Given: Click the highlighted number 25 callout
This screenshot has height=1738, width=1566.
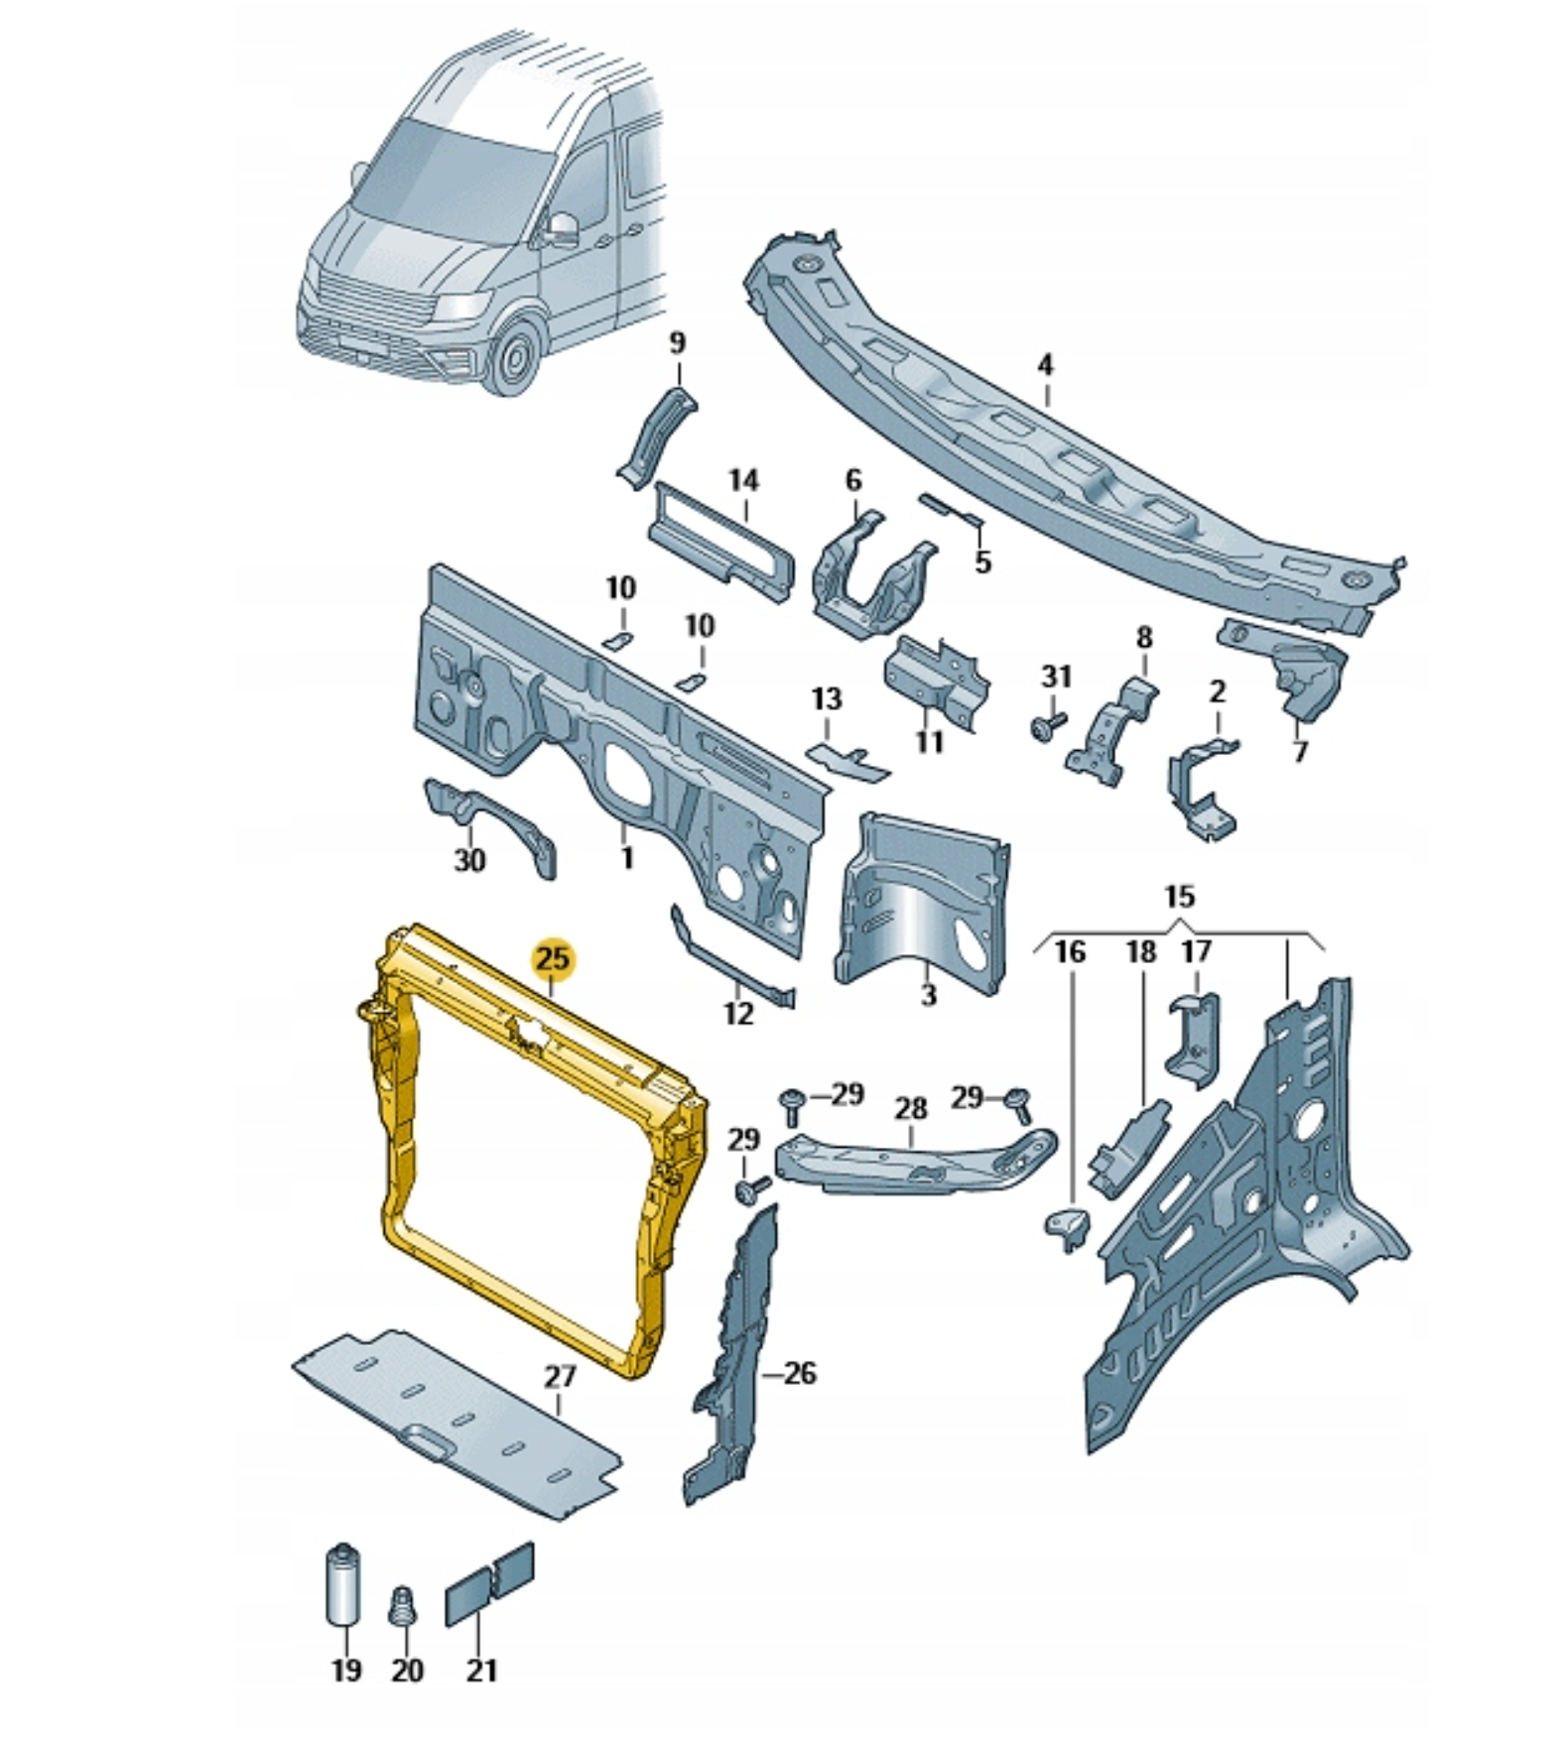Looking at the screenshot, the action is [x=553, y=958].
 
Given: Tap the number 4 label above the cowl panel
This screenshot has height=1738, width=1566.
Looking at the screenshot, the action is [x=1045, y=365].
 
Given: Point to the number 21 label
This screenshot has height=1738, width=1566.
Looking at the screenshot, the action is [x=481, y=1670].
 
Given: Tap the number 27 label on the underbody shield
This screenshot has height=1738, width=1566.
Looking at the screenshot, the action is [x=560, y=1377].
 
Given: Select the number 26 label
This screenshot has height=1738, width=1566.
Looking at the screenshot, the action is [x=799, y=1373].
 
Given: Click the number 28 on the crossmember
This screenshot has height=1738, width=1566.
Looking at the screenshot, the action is [x=911, y=1107].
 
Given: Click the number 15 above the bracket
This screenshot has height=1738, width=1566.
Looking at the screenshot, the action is [x=1178, y=897].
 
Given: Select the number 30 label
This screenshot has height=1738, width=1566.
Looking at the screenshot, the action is [x=469, y=859].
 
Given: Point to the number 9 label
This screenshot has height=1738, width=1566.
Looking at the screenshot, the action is [x=677, y=343].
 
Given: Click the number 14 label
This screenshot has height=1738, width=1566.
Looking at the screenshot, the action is [x=743, y=480].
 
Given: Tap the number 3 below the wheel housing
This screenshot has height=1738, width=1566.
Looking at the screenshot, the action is [x=928, y=994].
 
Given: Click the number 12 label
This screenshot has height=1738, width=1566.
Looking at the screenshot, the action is [x=738, y=1014].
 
